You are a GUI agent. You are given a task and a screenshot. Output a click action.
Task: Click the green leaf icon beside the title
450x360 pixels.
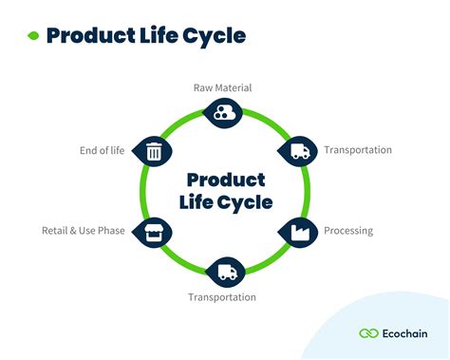click(32, 37)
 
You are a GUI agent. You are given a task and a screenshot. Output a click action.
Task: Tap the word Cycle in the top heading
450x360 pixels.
click(217, 37)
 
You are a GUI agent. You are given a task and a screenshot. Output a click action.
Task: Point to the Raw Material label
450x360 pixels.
click(222, 88)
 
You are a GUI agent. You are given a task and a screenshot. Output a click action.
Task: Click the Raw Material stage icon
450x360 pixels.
click(222, 114)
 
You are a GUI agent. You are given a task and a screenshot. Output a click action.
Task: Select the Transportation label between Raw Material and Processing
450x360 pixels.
click(358, 150)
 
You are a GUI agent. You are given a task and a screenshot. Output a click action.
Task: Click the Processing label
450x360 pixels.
click(348, 231)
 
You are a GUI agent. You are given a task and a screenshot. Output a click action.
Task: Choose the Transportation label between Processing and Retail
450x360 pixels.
click(222, 297)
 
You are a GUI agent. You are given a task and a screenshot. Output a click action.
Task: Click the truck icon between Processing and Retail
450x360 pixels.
click(227, 272)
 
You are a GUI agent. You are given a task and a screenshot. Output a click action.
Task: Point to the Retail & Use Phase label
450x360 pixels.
click(84, 231)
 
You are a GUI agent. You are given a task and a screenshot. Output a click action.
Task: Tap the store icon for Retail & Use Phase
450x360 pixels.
click(154, 231)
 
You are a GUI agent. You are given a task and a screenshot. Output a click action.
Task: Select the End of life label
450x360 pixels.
click(103, 150)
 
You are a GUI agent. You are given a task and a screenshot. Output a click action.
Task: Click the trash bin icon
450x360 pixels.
click(154, 150)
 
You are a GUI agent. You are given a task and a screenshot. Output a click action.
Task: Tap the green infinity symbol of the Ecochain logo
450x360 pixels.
click(369, 332)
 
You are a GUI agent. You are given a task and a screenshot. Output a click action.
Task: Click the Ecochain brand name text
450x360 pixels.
click(407, 332)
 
